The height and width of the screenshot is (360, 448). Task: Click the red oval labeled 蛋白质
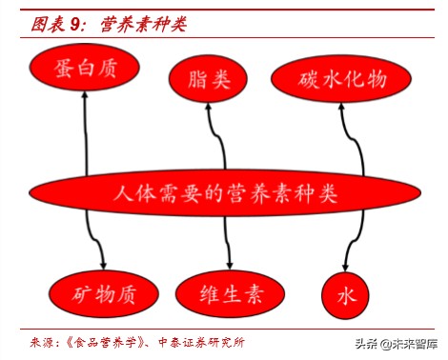tap(85, 69)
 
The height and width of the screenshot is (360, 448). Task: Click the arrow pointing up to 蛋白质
tap(86, 133)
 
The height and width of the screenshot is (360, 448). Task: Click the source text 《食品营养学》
tap(99, 341)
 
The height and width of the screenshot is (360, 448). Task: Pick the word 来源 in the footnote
tap(40, 341)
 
